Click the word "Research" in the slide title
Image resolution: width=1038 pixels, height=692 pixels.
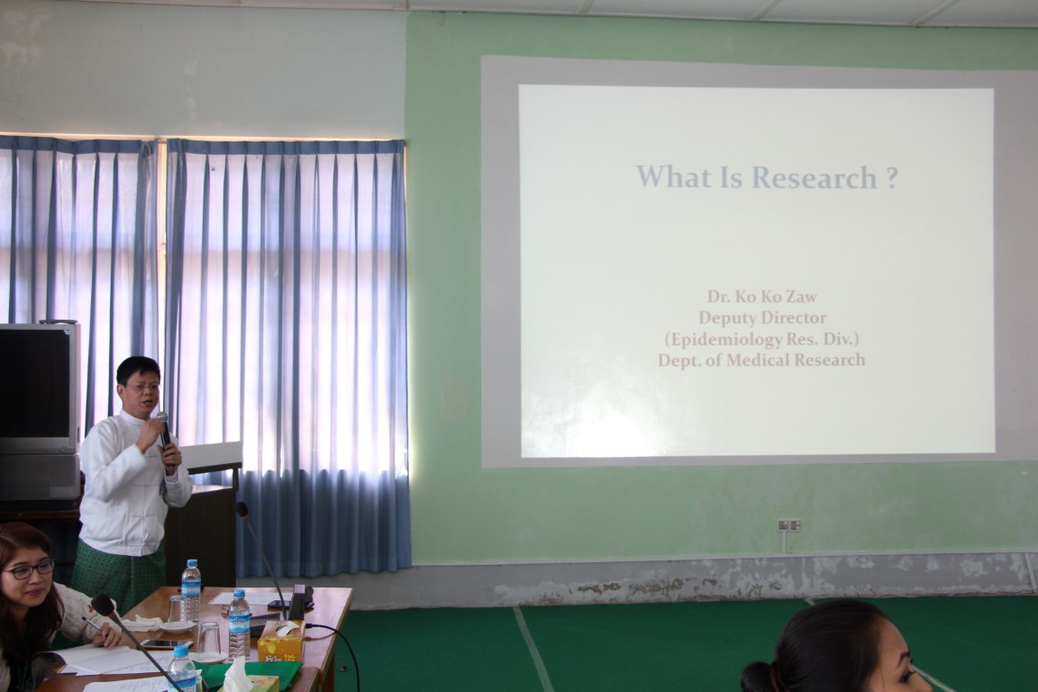(x=815, y=178)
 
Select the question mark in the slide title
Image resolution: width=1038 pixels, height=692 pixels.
(x=891, y=178)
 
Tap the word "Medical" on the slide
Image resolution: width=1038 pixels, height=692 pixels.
(x=757, y=360)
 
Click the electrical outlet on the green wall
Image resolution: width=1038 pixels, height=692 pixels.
(x=789, y=525)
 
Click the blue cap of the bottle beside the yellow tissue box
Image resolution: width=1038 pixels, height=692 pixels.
(x=239, y=594)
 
